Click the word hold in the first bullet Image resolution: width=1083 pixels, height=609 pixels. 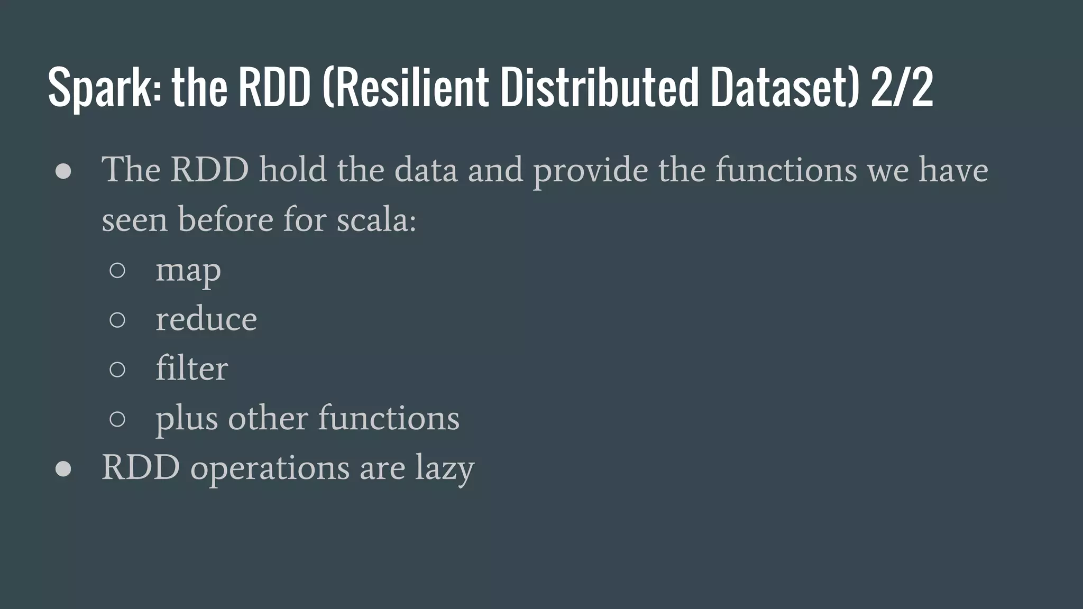[292, 170]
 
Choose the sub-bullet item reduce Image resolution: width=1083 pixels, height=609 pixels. [206, 319]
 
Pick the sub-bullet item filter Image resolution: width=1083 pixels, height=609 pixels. [191, 368]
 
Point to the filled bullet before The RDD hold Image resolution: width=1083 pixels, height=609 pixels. [63, 172]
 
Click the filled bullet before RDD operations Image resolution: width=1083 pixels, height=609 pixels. [63, 469]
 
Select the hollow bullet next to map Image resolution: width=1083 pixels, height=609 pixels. [117, 271]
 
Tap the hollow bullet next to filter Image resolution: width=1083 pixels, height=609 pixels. [117, 369]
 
